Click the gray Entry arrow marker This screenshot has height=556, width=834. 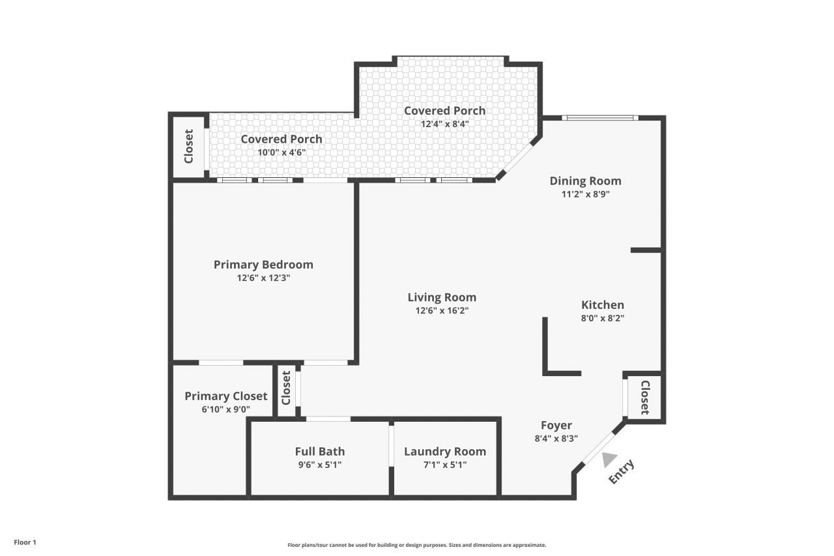click(x=609, y=460)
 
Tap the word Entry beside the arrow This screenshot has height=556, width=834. click(x=621, y=472)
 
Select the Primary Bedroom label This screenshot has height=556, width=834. click(x=263, y=265)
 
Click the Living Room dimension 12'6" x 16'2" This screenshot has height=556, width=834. click(x=442, y=311)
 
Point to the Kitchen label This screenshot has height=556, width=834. click(x=602, y=305)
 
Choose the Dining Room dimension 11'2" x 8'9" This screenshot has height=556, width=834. click(x=585, y=194)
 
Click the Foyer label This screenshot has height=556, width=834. click(x=556, y=426)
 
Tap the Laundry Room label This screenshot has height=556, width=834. click(x=444, y=452)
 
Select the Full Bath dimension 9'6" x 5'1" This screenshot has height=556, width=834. click(x=319, y=465)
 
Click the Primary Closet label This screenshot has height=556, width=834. click(x=225, y=396)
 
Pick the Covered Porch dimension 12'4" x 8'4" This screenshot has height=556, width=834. click(x=444, y=124)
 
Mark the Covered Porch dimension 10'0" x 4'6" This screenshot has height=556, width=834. click(x=281, y=152)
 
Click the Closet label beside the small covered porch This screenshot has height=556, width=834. click(x=189, y=146)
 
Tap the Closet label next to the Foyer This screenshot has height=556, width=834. click(x=644, y=398)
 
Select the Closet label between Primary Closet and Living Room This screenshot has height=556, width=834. click(x=286, y=388)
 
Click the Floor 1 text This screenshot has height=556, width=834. click(x=25, y=542)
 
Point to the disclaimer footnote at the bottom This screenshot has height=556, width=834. click(x=417, y=545)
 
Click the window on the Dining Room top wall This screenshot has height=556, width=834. click(x=600, y=118)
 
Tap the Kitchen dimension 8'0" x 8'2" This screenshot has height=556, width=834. click(x=602, y=319)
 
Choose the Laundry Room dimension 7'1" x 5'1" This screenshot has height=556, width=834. click(x=444, y=465)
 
